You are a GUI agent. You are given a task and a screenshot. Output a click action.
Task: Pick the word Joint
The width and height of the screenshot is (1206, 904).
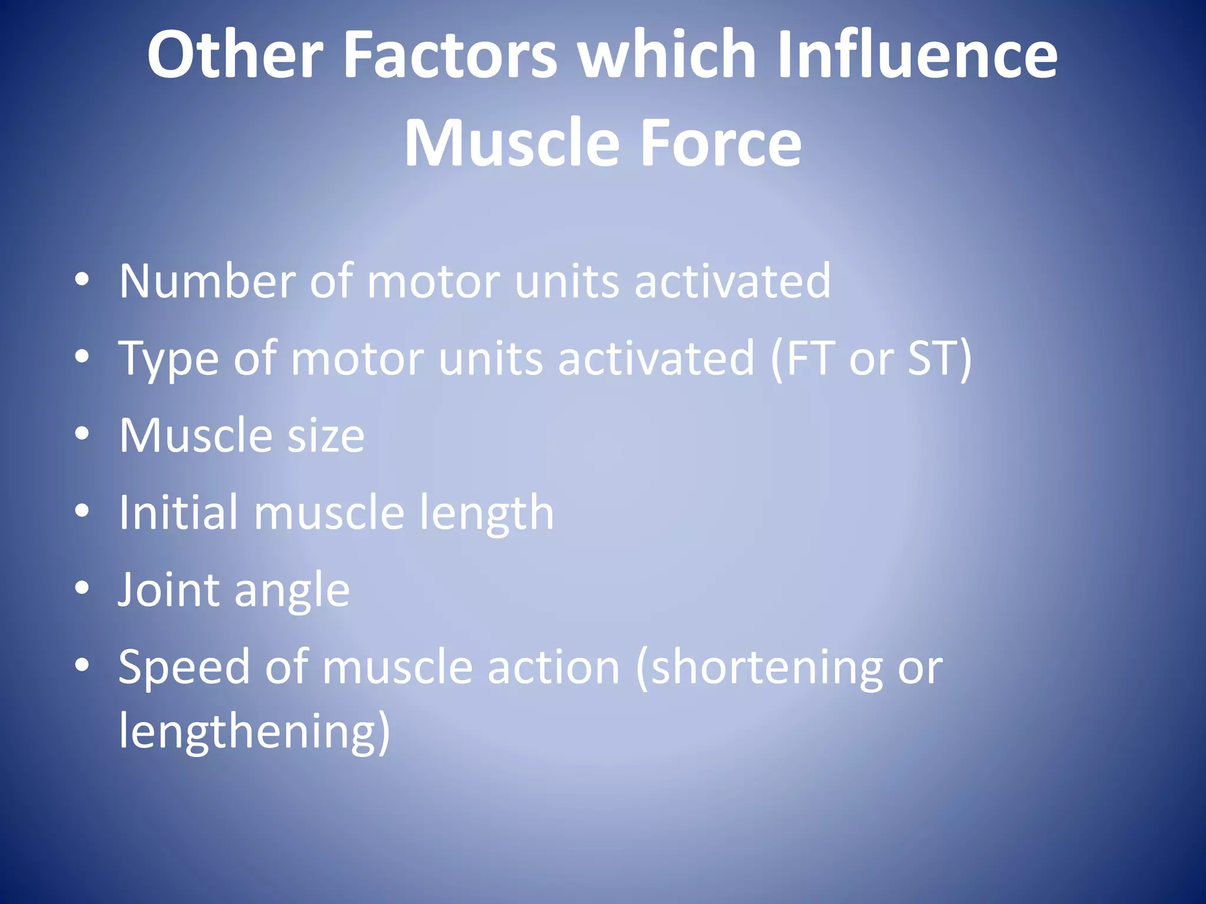168,590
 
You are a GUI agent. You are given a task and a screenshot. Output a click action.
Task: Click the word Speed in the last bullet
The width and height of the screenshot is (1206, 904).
184,668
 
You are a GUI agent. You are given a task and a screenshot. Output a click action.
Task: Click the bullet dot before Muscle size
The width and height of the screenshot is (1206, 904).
82,433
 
